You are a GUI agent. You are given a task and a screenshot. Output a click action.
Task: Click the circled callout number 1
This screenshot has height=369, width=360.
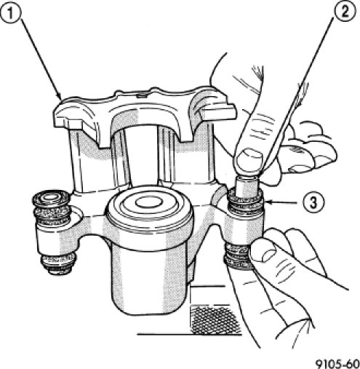[10, 12]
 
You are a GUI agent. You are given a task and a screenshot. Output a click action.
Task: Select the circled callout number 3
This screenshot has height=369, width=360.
[313, 202]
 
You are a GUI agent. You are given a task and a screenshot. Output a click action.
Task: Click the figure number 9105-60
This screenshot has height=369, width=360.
[337, 364]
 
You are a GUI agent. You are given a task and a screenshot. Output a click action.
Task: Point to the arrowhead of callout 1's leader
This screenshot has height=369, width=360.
[59, 96]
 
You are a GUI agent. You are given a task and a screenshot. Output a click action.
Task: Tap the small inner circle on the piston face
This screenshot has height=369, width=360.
[148, 202]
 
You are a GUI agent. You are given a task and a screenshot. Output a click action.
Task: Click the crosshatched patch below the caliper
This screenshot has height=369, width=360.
[216, 320]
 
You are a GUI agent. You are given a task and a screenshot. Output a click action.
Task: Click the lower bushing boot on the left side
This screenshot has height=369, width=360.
[58, 263]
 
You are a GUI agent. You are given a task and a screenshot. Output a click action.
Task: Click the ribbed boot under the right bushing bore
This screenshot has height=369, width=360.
[238, 257]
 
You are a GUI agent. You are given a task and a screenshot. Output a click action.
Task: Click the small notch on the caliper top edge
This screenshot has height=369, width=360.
[142, 96]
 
